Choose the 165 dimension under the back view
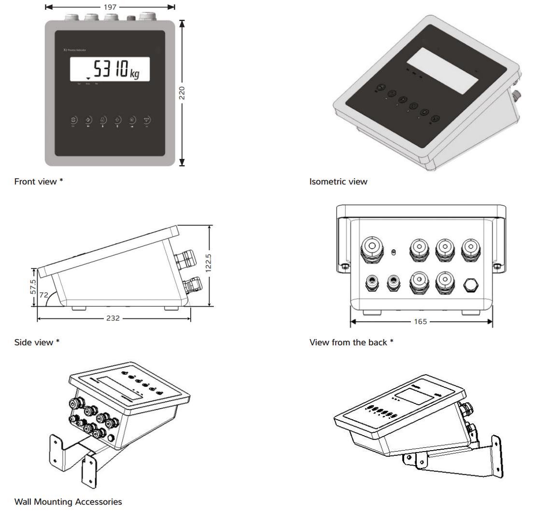421,322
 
